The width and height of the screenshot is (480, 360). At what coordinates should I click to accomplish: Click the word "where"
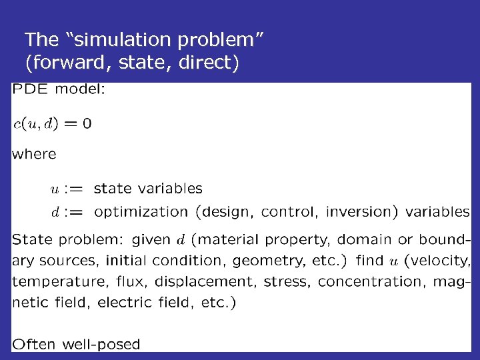pyautogui.click(x=34, y=154)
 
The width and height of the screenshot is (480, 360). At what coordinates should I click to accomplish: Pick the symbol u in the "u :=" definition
pyautogui.click(x=55, y=190)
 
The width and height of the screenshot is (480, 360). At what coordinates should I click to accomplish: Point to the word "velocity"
pyautogui.click(x=445, y=260)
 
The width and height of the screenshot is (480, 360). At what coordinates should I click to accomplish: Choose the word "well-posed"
pyautogui.click(x=101, y=345)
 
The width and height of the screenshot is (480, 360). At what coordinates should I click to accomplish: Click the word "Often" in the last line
pyautogui.click(x=34, y=345)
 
